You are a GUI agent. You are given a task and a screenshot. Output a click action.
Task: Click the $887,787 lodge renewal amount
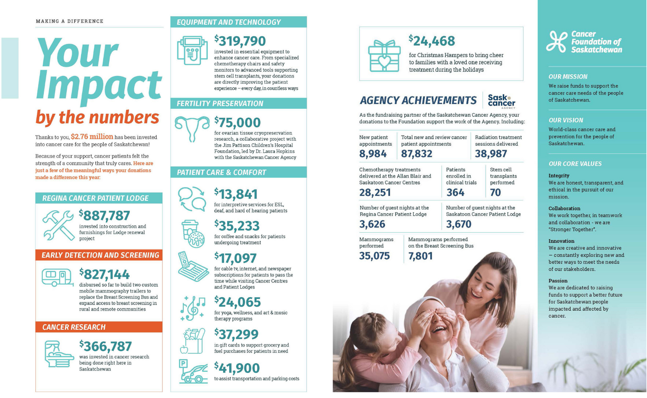pos(104,216)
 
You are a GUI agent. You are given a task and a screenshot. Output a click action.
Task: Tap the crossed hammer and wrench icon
pos(58,225)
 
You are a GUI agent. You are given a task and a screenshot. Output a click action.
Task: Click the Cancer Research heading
pos(74,327)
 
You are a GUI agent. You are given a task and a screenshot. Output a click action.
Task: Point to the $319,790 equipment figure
pos(240,41)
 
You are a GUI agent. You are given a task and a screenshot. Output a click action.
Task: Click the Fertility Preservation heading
pos(220,104)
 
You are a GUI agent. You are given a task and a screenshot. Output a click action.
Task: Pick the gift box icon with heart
pos(384,56)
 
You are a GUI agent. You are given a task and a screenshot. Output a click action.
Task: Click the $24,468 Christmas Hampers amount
pos(432,41)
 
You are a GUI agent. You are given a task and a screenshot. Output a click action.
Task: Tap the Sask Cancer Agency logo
pos(501,101)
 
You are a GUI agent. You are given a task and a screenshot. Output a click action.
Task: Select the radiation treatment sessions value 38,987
pos(491,154)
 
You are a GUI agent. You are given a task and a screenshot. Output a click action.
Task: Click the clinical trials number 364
pos(455,193)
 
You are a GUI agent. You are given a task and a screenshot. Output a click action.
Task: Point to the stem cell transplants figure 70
pos(495,193)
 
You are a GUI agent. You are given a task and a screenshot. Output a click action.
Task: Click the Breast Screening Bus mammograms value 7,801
pos(420,256)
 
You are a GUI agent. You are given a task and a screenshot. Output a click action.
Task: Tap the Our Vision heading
pos(566,120)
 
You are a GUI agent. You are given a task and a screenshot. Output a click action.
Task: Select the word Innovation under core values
pos(561,241)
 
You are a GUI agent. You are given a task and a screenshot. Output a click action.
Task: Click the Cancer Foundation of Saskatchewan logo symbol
pos(557,42)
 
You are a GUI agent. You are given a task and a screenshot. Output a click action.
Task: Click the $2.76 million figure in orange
pos(92,137)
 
